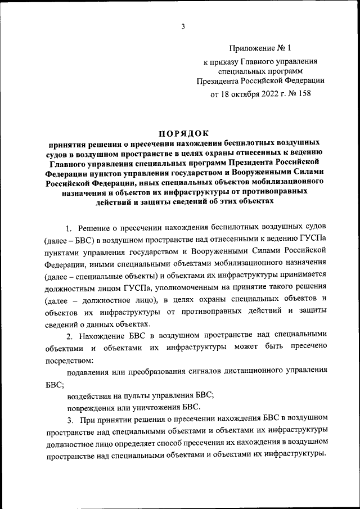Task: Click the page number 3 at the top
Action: [183, 25]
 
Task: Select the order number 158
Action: [304, 93]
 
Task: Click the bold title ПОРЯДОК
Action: [183, 133]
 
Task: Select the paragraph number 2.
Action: [69, 336]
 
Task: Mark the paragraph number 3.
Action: [69, 420]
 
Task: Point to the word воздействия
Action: [91, 395]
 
